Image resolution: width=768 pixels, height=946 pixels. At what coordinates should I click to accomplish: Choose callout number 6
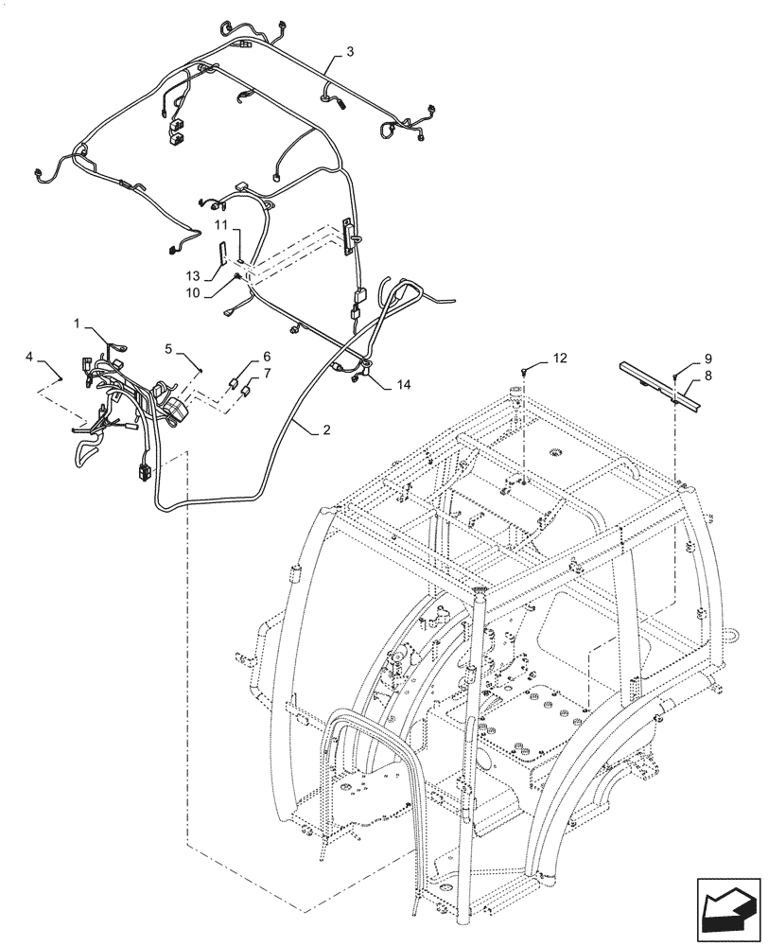pyautogui.click(x=266, y=357)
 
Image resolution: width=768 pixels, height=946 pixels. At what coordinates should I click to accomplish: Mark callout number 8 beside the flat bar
pyautogui.click(x=707, y=377)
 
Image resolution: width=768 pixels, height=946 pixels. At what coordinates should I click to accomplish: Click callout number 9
pyautogui.click(x=707, y=359)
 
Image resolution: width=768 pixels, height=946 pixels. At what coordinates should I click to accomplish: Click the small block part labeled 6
pyautogui.click(x=236, y=381)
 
